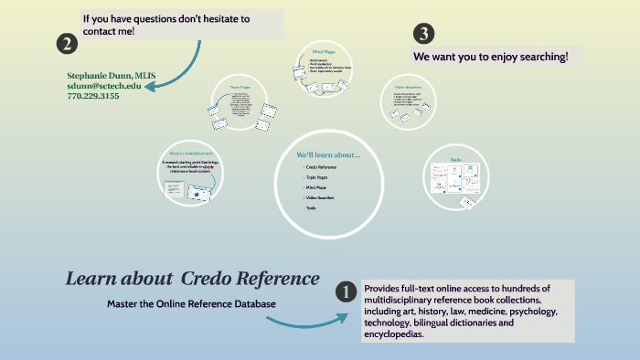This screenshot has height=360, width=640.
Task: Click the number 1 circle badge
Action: [x=347, y=292]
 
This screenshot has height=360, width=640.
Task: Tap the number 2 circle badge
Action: [x=66, y=43]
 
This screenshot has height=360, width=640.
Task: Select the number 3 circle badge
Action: [x=423, y=35]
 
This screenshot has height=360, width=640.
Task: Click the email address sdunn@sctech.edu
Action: [x=104, y=85]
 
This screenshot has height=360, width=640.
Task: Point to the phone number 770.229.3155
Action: [x=92, y=96]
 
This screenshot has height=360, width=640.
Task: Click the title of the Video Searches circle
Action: [x=408, y=86]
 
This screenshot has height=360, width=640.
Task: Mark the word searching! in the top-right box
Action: [x=539, y=57]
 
